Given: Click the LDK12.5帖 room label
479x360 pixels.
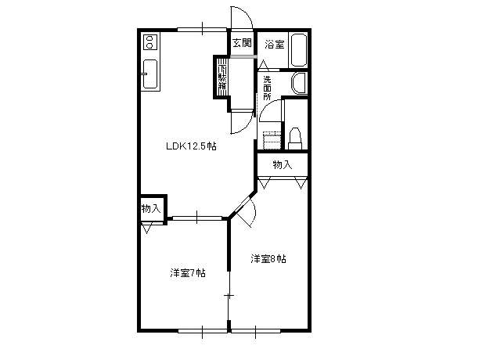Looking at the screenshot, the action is (x=191, y=146).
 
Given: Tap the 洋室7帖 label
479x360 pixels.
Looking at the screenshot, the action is (x=188, y=272).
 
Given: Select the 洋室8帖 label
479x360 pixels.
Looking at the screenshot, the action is (x=268, y=259).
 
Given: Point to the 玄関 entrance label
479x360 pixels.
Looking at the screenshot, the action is (x=243, y=43).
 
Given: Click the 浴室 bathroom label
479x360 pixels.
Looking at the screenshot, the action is (x=274, y=45).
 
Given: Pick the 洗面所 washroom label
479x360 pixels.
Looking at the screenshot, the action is (x=267, y=88).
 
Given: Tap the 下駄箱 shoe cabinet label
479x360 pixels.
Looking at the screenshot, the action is (x=222, y=77).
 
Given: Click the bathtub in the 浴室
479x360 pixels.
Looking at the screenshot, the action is (x=299, y=50).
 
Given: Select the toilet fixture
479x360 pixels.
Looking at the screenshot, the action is (x=295, y=139).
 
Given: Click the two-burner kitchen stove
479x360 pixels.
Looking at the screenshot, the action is (x=149, y=41).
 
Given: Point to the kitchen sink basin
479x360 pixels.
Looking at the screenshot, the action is (x=150, y=74).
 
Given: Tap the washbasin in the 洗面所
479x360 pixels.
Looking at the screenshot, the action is (x=299, y=83).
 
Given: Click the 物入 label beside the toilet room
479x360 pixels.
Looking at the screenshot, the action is (x=283, y=165).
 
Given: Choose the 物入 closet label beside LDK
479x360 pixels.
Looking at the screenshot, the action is (x=151, y=209).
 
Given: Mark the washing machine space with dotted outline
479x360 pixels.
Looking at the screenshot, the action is (x=272, y=140).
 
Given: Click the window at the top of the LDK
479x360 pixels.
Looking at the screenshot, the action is (x=202, y=30).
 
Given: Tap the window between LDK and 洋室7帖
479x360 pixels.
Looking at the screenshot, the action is (x=197, y=218).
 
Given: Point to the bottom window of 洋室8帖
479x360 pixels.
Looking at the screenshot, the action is (x=256, y=331).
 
